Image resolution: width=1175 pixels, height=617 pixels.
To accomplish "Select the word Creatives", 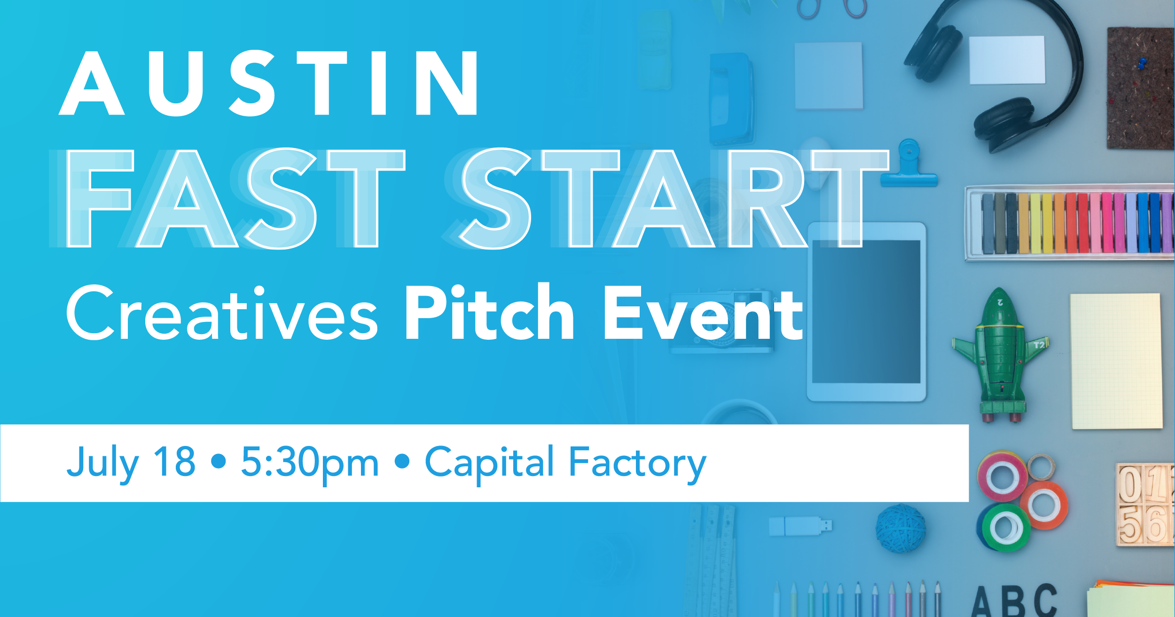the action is pos(222,313).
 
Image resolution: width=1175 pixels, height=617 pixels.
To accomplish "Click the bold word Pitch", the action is pos(489,311).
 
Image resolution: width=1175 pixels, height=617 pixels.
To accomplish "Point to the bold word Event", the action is pos(704,313).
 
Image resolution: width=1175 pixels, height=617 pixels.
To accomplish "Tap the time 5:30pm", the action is pos(310,465).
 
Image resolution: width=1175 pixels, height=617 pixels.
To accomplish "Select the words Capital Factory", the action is pos(565,464).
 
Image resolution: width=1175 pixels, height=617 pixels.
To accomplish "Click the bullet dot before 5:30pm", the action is pos(219,461).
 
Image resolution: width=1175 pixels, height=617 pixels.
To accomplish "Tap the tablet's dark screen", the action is pos(866,312).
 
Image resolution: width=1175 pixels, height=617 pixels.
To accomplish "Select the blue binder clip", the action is pos(909,164).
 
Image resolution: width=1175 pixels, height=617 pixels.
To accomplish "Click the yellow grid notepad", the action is pos(1116,361).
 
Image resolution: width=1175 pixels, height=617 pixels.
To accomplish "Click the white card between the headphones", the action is pos(1007,60).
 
